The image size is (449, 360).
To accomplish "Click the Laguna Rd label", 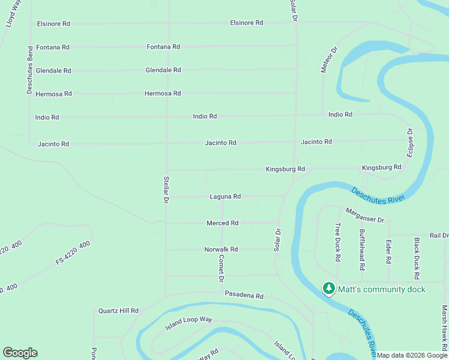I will click(225, 196).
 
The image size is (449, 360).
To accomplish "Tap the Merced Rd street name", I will click(223, 223).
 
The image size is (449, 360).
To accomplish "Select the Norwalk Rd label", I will click(221, 250).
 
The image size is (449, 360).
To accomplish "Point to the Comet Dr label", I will click(221, 268).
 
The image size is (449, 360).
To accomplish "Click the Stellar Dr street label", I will click(166, 190).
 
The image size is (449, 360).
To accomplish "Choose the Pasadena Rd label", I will click(244, 296).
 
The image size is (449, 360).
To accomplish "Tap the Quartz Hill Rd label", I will click(119, 311).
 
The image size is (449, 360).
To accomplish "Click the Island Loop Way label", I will click(189, 324).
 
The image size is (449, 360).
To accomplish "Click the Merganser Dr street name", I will click(364, 215).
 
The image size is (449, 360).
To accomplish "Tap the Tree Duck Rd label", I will click(338, 242).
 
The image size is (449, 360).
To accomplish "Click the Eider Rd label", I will click(389, 252).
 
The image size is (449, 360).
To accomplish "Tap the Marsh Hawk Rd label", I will click(444, 327).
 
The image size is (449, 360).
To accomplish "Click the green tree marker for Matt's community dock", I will click(328, 289).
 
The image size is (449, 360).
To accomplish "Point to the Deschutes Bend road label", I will click(29, 70).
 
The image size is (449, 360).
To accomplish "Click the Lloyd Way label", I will click(10, 13).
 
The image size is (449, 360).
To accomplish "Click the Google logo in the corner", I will click(20, 353).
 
